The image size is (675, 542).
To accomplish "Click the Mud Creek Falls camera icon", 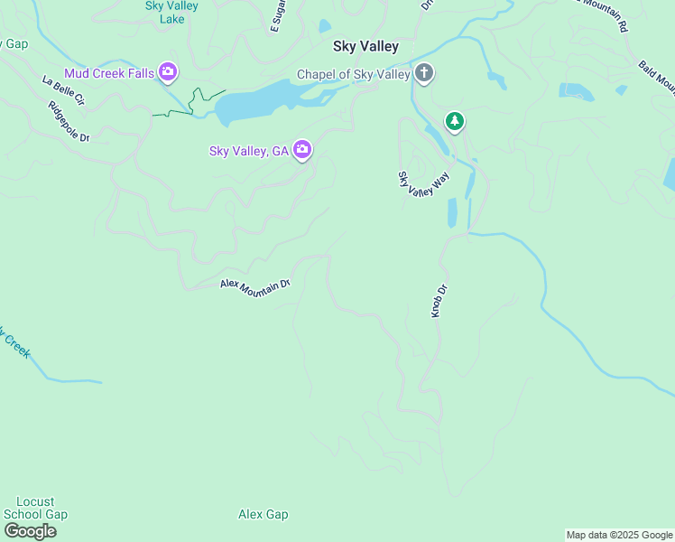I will point(167,71).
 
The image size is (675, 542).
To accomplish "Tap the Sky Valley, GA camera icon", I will point(301,151).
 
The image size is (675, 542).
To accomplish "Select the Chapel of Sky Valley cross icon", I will point(424,73).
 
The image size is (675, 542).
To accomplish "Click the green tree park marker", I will point(455,120).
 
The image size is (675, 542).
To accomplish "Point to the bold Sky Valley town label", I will point(365,46).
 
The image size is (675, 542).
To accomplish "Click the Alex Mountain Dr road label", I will point(255,284).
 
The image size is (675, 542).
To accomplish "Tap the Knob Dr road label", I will point(439,301).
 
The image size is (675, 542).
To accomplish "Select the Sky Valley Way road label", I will point(423,180).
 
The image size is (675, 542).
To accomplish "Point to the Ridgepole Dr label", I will point(69,121).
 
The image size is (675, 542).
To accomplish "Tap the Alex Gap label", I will point(263,514).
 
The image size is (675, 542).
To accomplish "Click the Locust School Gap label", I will point(35,508).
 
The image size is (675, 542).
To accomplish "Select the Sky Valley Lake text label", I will point(171,12).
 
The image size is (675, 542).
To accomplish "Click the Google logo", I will point(30,530).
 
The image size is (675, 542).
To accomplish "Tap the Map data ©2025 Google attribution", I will point(620,535).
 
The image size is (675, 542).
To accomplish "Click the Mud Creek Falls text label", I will point(108,72).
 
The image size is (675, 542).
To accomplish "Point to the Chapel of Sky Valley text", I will point(355,75).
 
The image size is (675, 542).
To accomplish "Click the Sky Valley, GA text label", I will point(248,151).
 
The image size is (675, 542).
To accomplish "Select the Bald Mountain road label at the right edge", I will point(657,78).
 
